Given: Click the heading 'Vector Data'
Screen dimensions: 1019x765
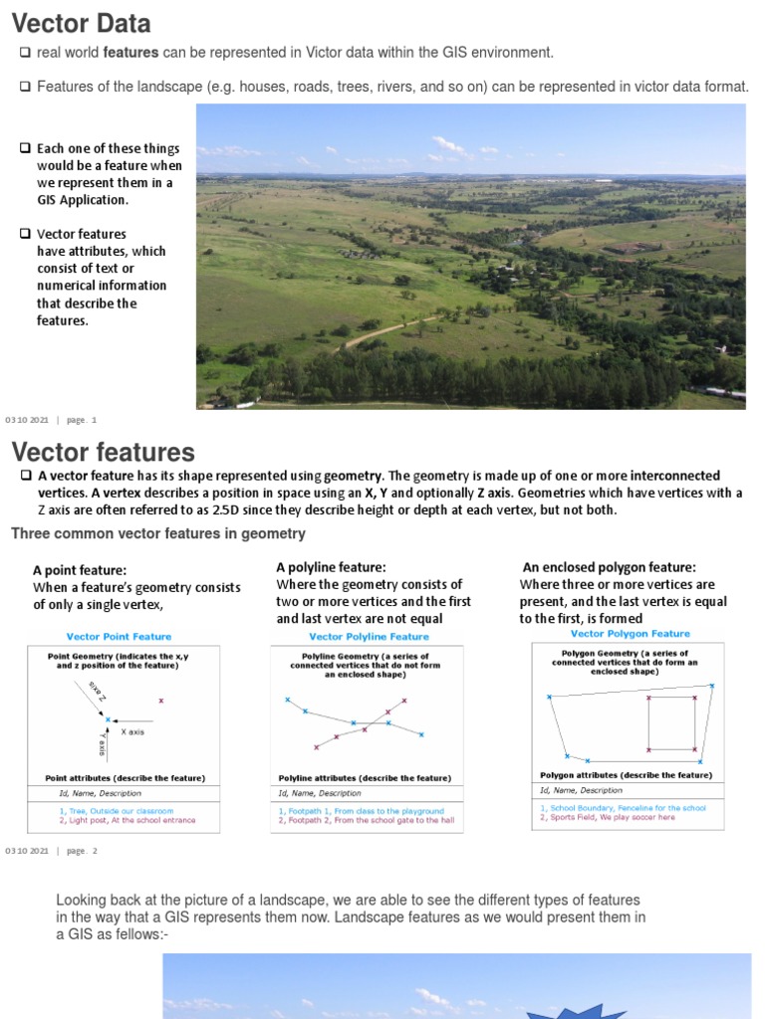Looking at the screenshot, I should pos(82,23).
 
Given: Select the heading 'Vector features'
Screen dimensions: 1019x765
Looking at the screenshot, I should pos(103,454).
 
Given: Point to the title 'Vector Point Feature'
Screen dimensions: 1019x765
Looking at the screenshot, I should pos(119,637).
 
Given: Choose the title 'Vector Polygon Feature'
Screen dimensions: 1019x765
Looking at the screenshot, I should pos(630,634).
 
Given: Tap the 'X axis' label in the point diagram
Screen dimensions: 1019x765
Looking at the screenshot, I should pos(132,731).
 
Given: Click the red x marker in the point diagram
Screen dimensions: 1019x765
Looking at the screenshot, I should pos(161,701).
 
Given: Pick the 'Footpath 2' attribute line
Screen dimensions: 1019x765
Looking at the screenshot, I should pos(366,821).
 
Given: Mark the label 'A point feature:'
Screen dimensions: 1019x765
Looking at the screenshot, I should pos(80,570).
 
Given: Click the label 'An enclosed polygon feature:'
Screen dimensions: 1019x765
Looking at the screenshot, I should pos(609,567).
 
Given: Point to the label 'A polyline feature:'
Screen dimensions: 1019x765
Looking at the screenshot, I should pos(331,567).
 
